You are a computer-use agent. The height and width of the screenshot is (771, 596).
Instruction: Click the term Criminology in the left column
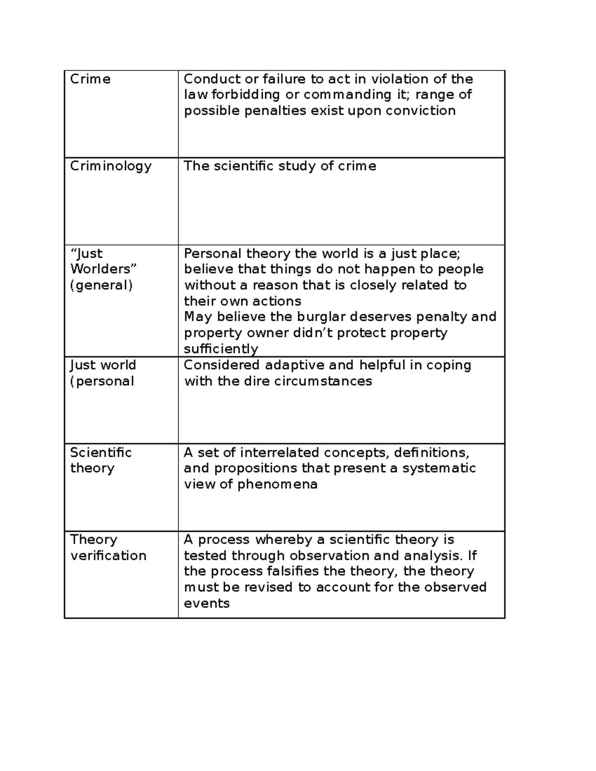pyautogui.click(x=110, y=166)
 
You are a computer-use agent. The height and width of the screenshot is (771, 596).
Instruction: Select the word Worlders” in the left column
pyautogui.click(x=103, y=269)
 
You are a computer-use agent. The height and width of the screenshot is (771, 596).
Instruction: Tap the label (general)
pyautogui.click(x=101, y=285)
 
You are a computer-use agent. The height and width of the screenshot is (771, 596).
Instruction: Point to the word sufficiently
pyautogui.click(x=221, y=349)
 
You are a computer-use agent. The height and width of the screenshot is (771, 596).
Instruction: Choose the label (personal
pyautogui.click(x=102, y=381)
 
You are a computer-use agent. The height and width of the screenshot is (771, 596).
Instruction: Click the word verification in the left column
pyautogui.click(x=108, y=556)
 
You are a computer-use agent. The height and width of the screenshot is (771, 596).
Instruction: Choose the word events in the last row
pyautogui.click(x=207, y=604)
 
